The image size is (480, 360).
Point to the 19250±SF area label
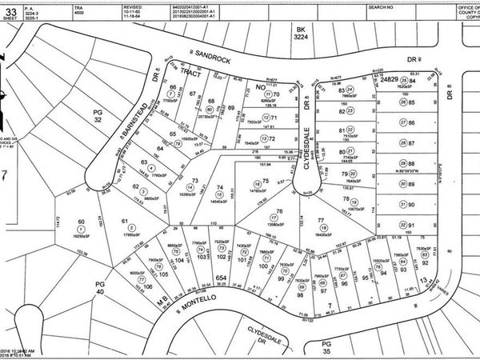point(80,237)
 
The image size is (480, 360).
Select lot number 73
point(195,181)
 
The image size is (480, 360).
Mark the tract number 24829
point(390,81)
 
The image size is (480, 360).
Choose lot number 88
point(414,152)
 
